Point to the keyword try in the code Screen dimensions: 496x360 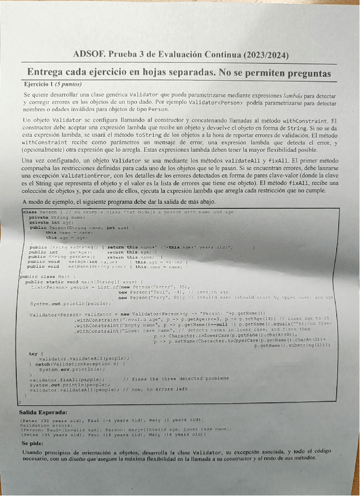pos(32,353)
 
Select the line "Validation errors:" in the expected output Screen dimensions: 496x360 pos(43,425)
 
